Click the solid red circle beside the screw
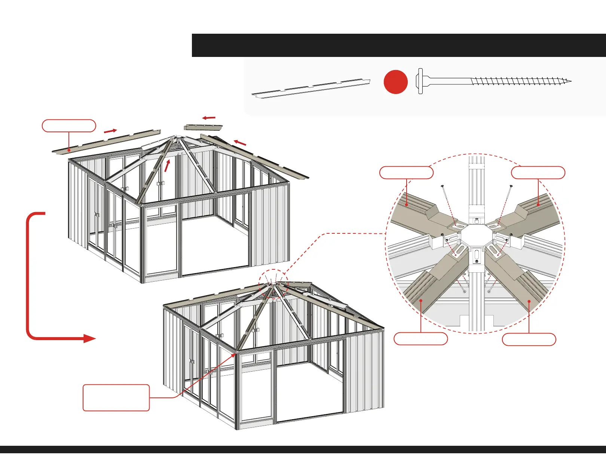[395, 82]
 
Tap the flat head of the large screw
[420, 81]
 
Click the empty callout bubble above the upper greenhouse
[69, 126]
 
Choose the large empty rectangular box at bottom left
[116, 397]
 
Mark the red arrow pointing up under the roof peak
[167, 166]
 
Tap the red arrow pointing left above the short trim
[209, 118]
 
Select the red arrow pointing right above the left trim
[110, 131]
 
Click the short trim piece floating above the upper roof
[203, 127]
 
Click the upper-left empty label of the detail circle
[406, 173]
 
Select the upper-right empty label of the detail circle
[538, 173]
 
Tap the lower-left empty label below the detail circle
[420, 339]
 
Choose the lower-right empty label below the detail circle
[529, 339]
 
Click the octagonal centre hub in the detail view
[476, 235]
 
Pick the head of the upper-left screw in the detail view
[442, 186]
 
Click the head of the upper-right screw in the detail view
[511, 186]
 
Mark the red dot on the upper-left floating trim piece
[69, 150]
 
